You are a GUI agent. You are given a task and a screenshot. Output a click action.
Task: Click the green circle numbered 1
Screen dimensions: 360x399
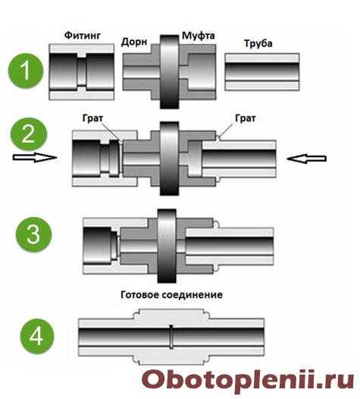[26, 71]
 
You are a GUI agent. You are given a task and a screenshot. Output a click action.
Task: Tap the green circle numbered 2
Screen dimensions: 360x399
[29, 134]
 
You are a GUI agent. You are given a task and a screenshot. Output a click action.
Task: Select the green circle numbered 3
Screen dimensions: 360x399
[34, 234]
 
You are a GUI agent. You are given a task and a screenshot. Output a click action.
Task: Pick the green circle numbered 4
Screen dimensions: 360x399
[36, 336]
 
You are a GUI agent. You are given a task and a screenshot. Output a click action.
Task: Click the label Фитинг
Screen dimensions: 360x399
[82, 36]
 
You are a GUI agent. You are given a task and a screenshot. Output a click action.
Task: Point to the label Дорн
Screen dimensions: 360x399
[134, 42]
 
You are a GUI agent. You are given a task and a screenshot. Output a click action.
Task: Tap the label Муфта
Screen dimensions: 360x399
[199, 36]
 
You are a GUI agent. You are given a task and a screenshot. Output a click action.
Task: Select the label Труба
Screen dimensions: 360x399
[258, 43]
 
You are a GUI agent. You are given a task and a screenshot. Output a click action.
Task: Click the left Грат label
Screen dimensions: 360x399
[92, 118]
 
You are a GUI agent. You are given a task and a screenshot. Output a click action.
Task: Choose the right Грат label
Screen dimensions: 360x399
[246, 118]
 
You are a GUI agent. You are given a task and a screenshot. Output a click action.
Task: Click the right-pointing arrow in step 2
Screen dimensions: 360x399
[35, 158]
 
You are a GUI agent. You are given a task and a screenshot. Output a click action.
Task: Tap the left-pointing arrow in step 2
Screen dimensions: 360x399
[306, 159]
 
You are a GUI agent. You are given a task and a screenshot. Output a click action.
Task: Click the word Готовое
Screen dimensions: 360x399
[139, 294]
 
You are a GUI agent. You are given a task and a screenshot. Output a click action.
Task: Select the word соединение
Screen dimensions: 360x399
[193, 295]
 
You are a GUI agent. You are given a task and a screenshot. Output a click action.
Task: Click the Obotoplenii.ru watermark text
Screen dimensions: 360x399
[248, 379]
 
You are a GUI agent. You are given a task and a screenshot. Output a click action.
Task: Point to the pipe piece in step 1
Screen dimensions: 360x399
[262, 72]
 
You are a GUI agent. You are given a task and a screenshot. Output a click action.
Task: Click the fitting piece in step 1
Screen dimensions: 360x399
[82, 72]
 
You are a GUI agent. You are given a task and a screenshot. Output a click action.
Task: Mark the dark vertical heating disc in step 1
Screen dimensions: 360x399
[170, 72]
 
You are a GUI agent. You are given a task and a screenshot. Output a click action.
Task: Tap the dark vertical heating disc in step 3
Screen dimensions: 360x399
[167, 246]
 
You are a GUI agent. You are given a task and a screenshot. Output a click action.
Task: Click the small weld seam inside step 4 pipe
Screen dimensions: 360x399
[171, 336]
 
